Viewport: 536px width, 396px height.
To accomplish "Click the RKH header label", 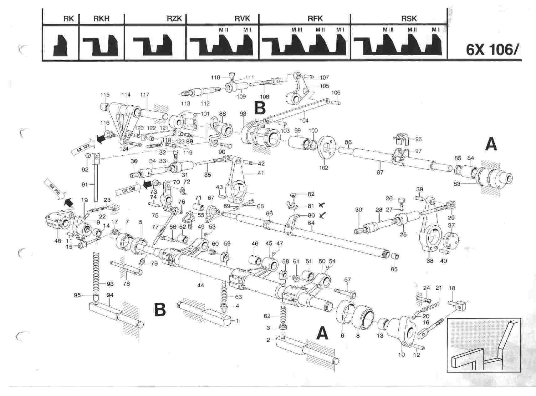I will [101, 19].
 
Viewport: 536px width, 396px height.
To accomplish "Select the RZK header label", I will [174, 19].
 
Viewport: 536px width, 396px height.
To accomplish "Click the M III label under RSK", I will [388, 30].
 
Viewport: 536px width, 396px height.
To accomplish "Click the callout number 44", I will [201, 285].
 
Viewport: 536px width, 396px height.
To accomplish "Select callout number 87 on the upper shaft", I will [380, 172].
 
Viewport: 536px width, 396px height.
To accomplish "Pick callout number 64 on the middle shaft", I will [311, 223].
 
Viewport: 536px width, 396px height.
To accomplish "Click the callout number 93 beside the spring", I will [110, 284].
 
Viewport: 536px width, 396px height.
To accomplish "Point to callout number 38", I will [430, 261].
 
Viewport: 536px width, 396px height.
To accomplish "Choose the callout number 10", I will [401, 354].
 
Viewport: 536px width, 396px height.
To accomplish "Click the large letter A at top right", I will [491, 145].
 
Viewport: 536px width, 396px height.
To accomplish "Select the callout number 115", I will [105, 95].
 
